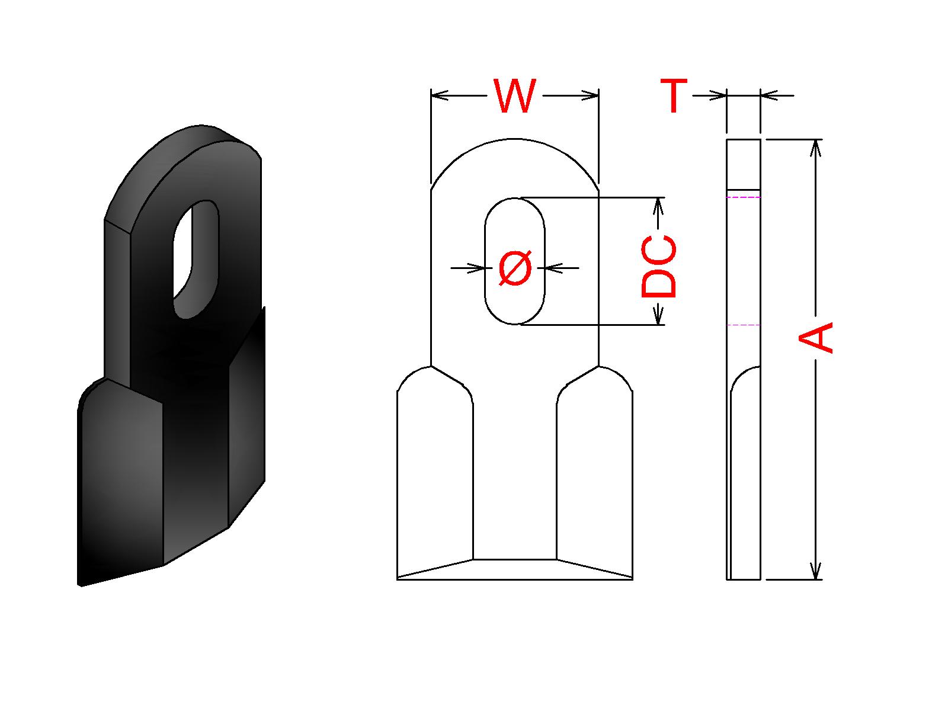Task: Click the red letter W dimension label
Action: pos(514,96)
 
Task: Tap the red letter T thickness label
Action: pos(673,95)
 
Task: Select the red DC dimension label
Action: pos(659,267)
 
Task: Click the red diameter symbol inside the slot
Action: pos(515,268)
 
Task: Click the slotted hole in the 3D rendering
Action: pos(196,259)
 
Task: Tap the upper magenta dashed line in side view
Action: pos(743,197)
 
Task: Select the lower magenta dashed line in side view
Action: pos(743,325)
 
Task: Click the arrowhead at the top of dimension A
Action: pos(815,148)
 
